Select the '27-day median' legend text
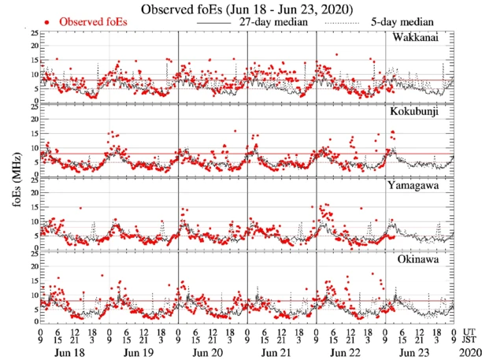(271, 23)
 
